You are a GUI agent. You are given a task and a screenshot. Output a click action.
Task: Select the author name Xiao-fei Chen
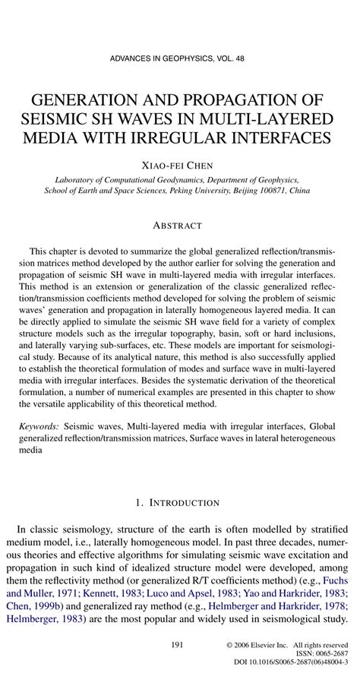[x=179, y=164]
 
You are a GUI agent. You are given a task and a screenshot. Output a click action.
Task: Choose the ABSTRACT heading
[x=179, y=226]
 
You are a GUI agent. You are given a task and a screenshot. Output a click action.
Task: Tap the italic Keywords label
[x=40, y=428]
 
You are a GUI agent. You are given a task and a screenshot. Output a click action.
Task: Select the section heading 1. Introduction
[x=179, y=503]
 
